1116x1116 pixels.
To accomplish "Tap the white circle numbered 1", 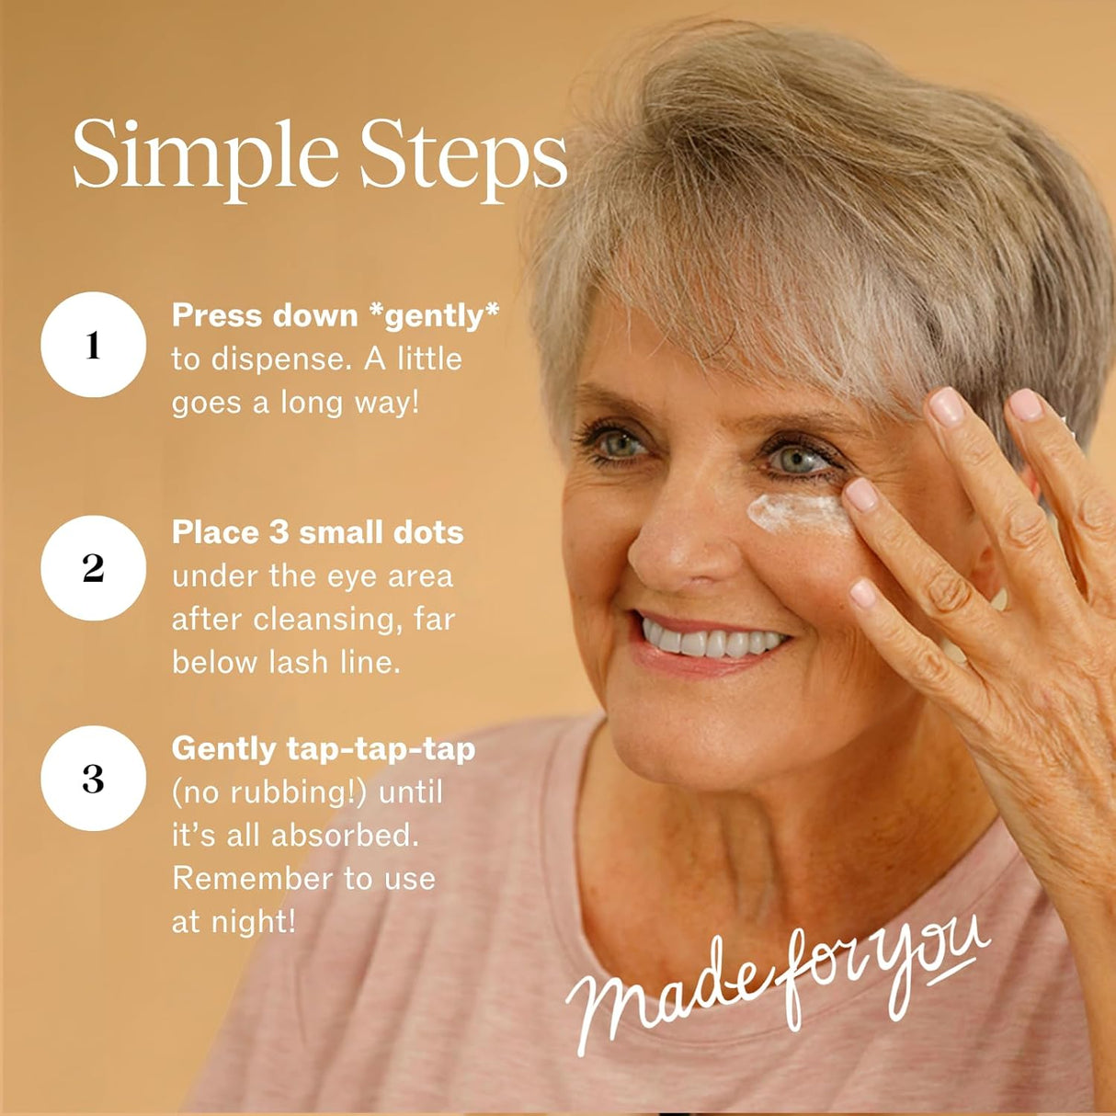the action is tap(93, 345).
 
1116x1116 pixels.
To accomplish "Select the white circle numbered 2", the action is tap(93, 567).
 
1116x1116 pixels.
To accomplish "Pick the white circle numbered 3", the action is tap(93, 778).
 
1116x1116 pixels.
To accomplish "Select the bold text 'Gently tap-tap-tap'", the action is tap(324, 750).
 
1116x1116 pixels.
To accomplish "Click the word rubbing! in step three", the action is tap(298, 792).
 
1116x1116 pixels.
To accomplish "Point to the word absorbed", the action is tap(345, 835).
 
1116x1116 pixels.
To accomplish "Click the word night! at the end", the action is tap(253, 921).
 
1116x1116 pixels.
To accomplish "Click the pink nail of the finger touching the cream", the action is tap(861, 495).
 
